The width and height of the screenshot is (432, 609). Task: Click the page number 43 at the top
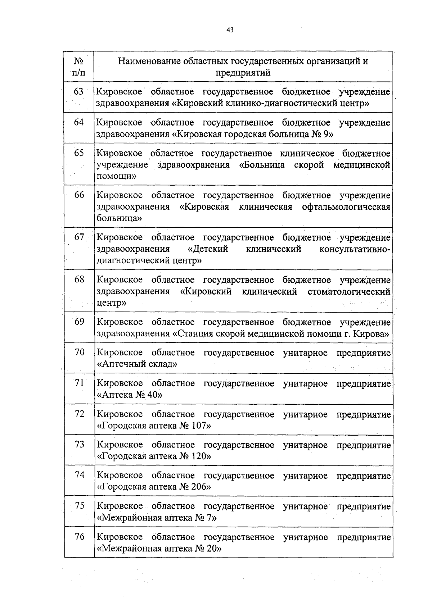[230, 30]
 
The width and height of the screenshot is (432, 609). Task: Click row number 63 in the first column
[79, 92]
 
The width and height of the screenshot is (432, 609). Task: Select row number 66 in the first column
[79, 195]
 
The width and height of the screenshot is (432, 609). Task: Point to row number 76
[80, 537]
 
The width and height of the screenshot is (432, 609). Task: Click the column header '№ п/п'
[79, 67]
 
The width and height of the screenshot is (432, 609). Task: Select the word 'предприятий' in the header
[243, 73]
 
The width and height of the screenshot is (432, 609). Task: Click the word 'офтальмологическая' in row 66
[346, 207]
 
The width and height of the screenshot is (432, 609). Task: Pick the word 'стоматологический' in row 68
[349, 291]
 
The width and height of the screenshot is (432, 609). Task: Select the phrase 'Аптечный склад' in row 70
[137, 364]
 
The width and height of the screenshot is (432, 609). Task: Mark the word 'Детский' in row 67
[211, 249]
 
